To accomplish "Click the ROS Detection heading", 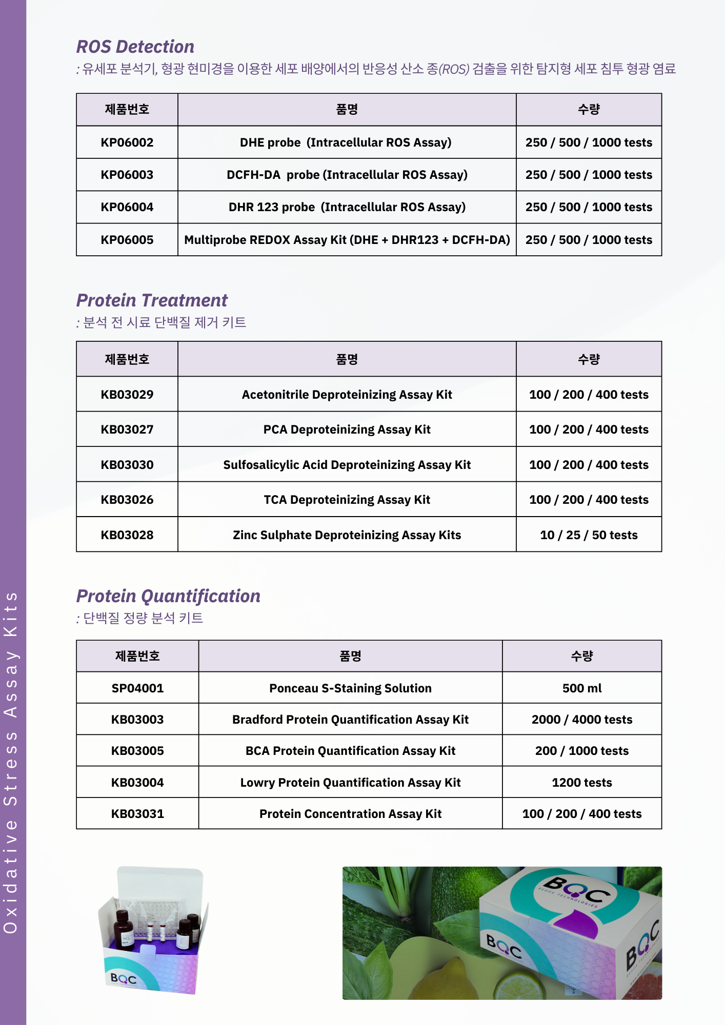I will click(x=135, y=47).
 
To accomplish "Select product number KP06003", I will click(x=127, y=175).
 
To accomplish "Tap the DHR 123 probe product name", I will click(x=347, y=207).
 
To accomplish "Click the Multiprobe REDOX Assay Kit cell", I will click(x=347, y=240).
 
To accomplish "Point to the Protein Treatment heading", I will click(x=152, y=300).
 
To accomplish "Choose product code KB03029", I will click(x=127, y=395).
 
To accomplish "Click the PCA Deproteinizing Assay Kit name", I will click(x=347, y=429).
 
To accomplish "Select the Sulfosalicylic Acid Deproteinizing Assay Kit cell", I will click(x=347, y=465).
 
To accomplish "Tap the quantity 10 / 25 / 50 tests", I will click(x=589, y=535).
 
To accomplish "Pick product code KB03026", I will click(x=127, y=500).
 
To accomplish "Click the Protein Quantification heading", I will click(x=168, y=596).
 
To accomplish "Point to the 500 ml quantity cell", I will click(x=582, y=688).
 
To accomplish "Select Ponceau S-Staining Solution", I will click(x=350, y=688).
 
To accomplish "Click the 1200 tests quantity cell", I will click(x=582, y=783).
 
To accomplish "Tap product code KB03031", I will click(x=137, y=814).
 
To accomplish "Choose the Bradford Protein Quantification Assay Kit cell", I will click(x=350, y=720).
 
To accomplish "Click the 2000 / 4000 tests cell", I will click(x=582, y=720).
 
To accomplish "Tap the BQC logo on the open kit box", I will click(x=124, y=979).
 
